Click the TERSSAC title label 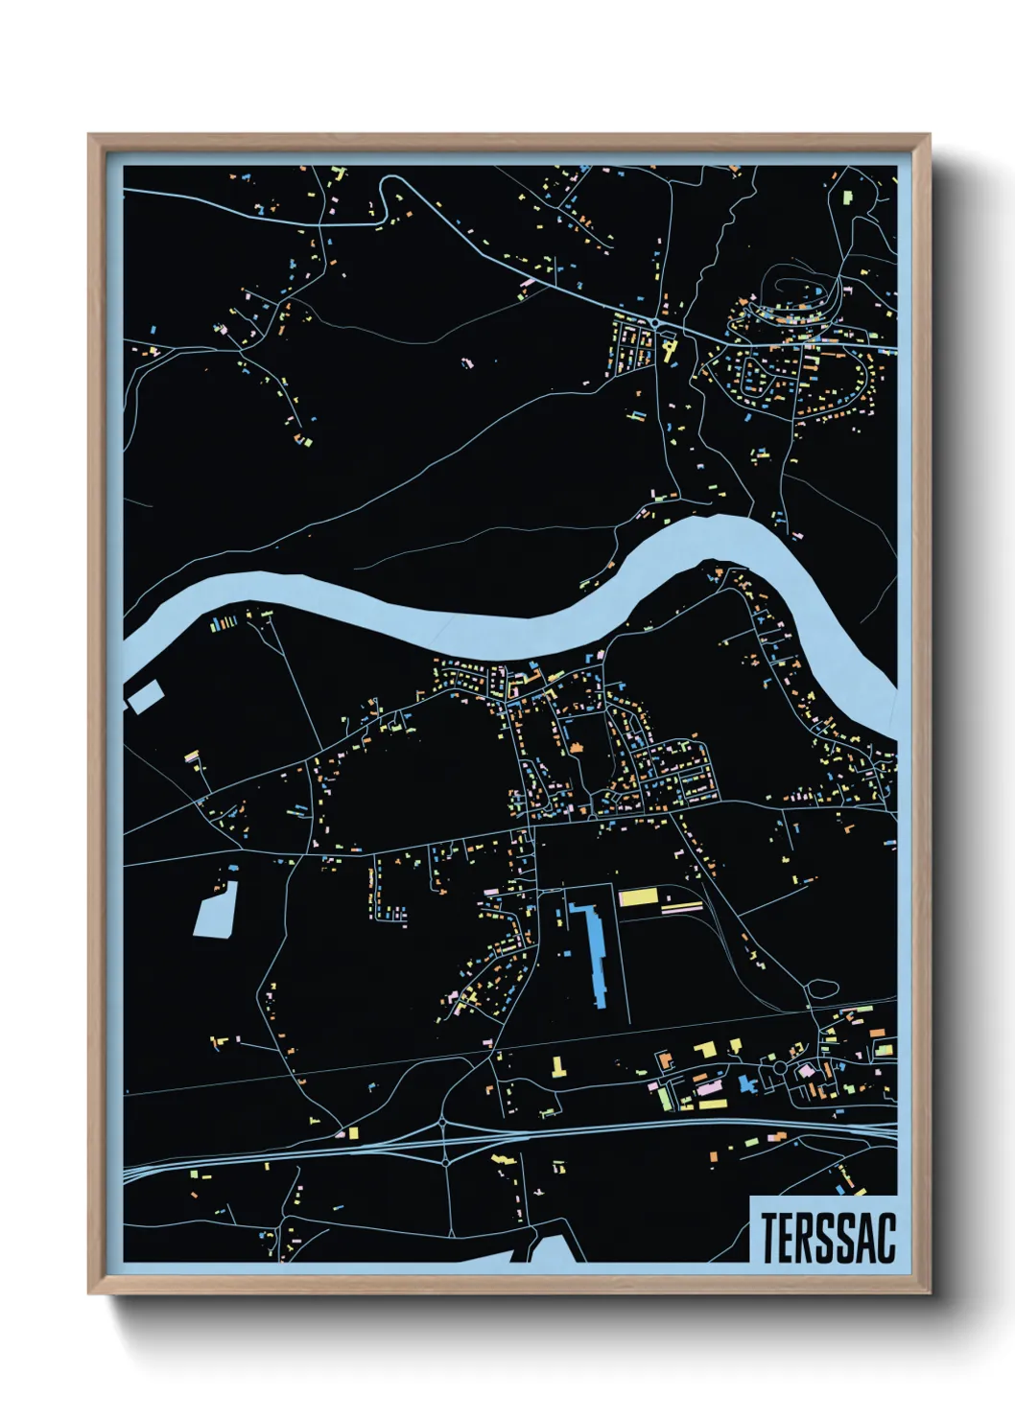(828, 1238)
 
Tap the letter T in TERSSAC (769, 1238)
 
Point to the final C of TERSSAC (885, 1238)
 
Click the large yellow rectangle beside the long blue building (638, 897)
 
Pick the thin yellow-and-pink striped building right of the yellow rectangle (683, 906)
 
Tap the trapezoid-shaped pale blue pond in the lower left (216, 909)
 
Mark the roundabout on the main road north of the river (654, 324)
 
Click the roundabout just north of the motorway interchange (442, 1121)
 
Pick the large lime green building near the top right (848, 198)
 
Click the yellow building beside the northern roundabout (669, 346)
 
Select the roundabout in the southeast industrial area (780, 1067)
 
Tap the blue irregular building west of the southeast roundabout (747, 1084)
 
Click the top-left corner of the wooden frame (90, 136)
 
